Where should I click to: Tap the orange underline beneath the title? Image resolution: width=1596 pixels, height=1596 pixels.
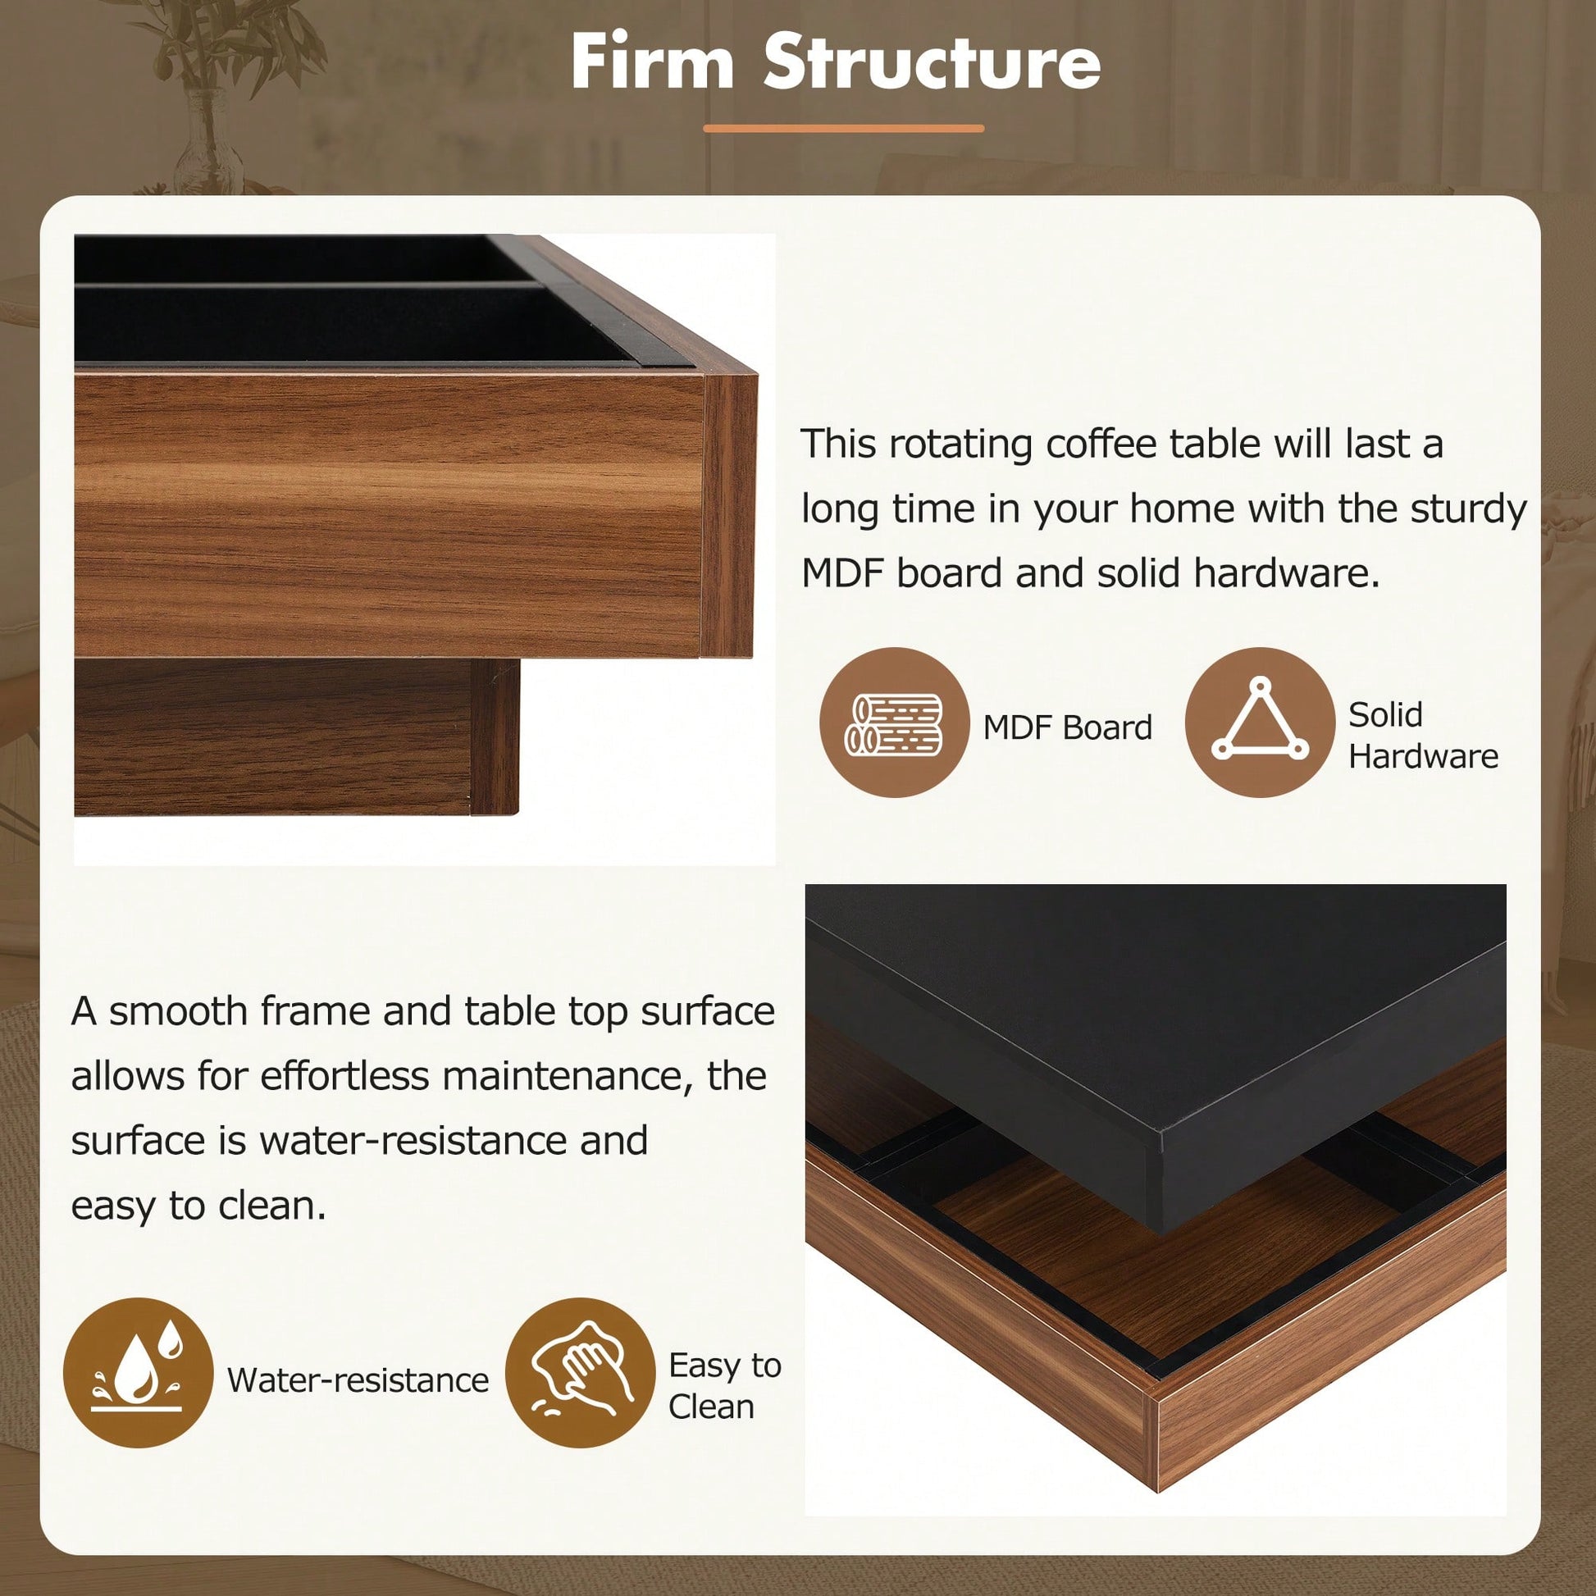843,128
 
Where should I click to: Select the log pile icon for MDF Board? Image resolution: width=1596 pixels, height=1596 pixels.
894,723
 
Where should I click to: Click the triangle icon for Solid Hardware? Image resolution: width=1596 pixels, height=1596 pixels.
1260,723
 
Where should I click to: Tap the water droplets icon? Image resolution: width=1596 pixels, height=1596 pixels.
138,1373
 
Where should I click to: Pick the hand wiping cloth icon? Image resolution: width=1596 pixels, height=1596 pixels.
580,1373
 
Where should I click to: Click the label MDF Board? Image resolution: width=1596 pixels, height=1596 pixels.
1067,727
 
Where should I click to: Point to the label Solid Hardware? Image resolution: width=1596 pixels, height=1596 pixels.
1423,735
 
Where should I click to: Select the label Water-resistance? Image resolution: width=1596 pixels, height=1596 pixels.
358,1380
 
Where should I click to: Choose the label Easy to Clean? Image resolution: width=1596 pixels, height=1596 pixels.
724,1386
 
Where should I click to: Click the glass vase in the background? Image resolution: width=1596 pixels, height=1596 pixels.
207,142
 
